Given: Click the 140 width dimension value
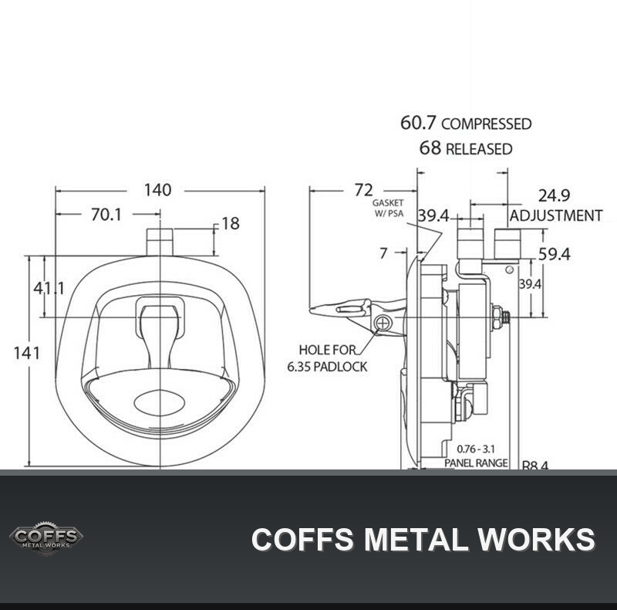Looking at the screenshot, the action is [157, 190].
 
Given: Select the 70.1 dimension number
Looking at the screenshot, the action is [106, 215].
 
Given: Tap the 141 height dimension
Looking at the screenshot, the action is [27, 353].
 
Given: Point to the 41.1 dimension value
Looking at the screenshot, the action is [49, 289].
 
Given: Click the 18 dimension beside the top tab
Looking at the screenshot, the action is [231, 224].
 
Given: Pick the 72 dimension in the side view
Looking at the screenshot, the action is [363, 190].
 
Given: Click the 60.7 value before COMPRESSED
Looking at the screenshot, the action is [418, 123].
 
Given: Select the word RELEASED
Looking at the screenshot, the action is [478, 149].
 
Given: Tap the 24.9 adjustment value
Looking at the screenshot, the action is [554, 195].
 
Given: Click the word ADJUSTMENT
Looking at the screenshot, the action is [556, 215].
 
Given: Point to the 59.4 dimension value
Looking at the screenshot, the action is [554, 255].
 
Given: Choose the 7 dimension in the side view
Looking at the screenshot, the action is [383, 253].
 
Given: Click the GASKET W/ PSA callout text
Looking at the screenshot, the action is [389, 208].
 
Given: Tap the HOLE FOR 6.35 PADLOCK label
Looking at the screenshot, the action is [327, 358].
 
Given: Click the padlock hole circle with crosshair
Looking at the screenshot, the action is [382, 324].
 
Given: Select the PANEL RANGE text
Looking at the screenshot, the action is [476, 463].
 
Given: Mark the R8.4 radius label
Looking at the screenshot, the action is [534, 466].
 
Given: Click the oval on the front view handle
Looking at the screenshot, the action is [159, 403].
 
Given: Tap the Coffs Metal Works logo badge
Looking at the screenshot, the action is [46, 538].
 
